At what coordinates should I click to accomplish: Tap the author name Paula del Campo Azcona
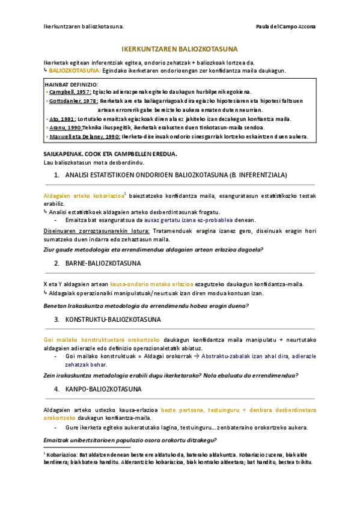pyautogui.click(x=285, y=26)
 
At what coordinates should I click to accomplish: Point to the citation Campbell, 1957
pyautogui.click(x=69, y=93)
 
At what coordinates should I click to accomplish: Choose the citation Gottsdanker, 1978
pyautogui.click(x=73, y=101)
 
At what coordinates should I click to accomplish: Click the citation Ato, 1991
pyautogui.click(x=62, y=119)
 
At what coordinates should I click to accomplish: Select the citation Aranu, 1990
pyautogui.click(x=65, y=127)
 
